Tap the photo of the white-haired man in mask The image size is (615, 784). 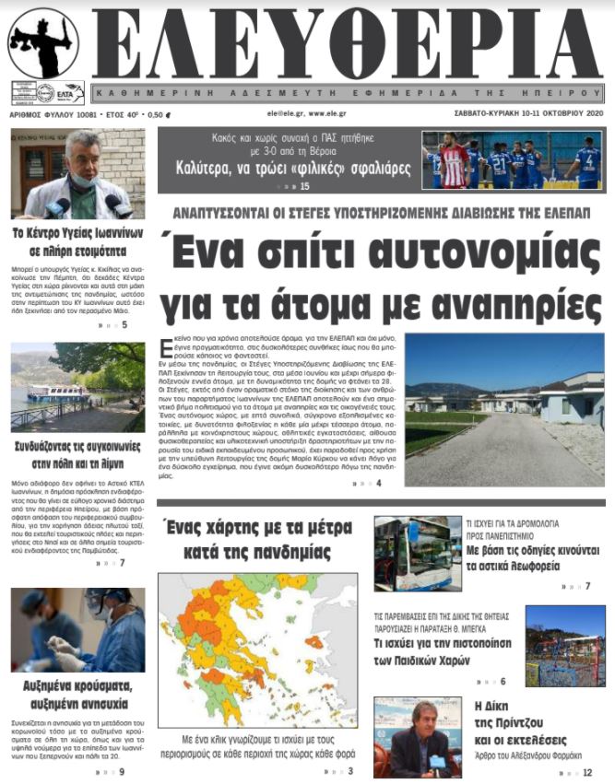click(x=77, y=173)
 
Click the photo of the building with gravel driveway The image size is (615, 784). click(x=504, y=410)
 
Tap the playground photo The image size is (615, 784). click(x=564, y=645)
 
